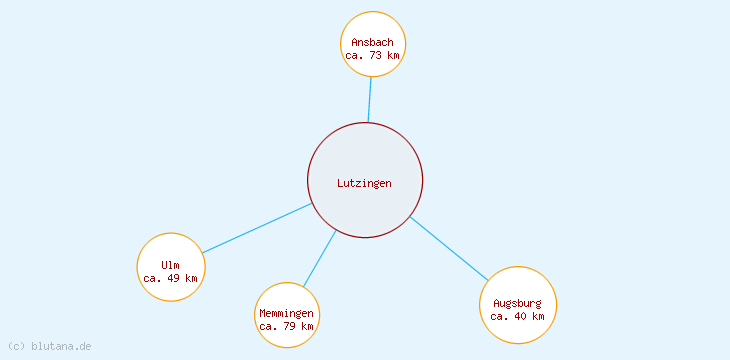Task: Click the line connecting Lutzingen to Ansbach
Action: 369,100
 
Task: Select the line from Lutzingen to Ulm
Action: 256,228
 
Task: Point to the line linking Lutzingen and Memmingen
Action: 320,258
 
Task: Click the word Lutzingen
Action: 364,183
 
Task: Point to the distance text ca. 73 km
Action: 373,56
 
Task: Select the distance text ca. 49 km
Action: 170,278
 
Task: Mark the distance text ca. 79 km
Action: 286,326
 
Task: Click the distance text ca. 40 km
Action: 517,316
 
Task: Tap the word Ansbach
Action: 373,42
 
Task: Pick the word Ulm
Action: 170,265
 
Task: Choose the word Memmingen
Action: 286,313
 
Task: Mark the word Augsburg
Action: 517,303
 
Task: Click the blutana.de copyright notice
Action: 50,346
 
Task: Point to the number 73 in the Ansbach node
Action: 376,56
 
